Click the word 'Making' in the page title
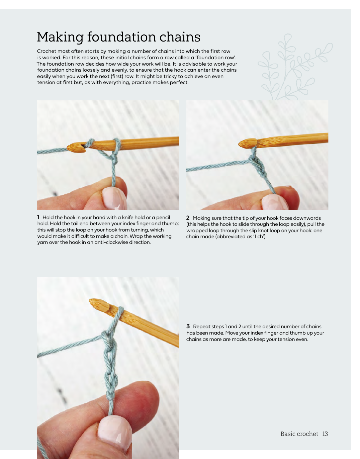(60, 37)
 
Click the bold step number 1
(38, 217)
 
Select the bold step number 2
(188, 218)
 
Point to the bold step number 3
(188, 326)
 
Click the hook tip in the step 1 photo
(68, 148)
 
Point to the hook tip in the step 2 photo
(239, 144)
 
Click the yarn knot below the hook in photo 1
(114, 159)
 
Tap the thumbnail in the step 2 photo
(274, 202)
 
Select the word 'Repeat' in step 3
(202, 327)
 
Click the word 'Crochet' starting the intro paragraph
(47, 51)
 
